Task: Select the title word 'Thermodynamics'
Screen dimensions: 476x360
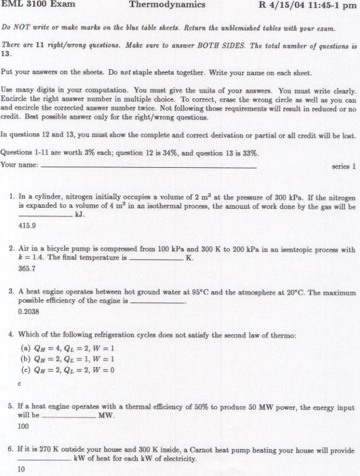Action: pyautogui.click(x=167, y=5)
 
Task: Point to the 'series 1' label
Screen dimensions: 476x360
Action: pyautogui.click(x=344, y=166)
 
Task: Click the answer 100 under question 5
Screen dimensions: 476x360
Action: pyautogui.click(x=24, y=427)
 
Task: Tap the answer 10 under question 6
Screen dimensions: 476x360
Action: pyautogui.click(x=22, y=470)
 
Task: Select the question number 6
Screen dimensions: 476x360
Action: pyautogui.click(x=12, y=450)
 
